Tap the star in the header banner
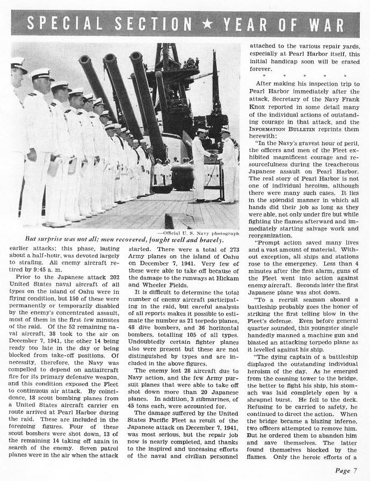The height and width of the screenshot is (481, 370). [207, 24]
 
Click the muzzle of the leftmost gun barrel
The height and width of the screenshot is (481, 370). [84, 59]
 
